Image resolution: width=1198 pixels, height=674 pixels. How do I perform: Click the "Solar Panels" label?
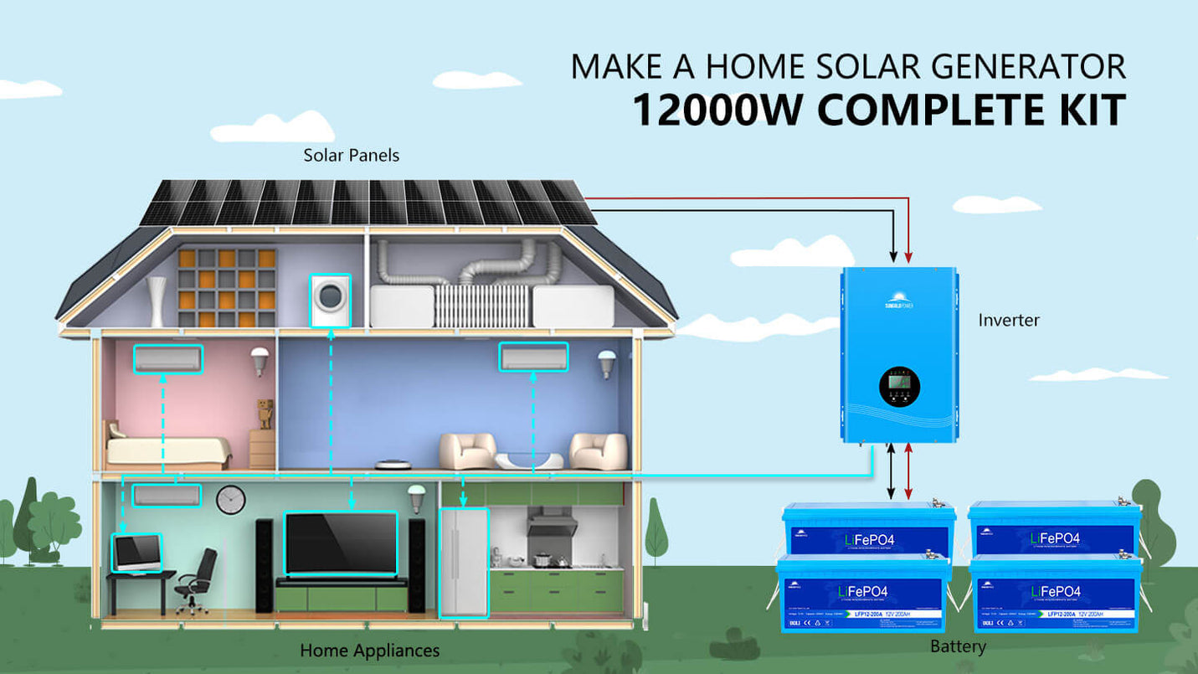click(351, 156)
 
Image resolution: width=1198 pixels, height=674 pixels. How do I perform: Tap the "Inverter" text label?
click(1009, 320)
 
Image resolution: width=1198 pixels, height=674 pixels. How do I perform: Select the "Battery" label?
click(958, 646)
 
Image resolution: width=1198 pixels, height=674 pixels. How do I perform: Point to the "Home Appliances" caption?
click(369, 651)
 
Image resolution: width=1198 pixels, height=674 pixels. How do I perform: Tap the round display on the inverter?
click(899, 386)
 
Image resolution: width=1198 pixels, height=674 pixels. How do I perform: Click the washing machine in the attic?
click(330, 301)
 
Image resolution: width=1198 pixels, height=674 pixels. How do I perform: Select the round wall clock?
click(231, 500)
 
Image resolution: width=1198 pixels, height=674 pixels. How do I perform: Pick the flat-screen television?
click(341, 543)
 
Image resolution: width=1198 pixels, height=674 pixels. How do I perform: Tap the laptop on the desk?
click(136, 553)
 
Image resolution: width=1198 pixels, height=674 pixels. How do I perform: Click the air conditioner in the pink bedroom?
click(167, 358)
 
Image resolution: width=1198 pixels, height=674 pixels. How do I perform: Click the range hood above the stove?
click(552, 522)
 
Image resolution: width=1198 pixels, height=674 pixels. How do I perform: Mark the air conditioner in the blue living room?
click(533, 357)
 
